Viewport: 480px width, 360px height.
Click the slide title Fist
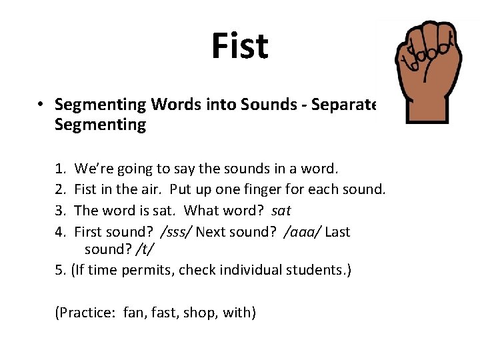pyautogui.click(x=239, y=46)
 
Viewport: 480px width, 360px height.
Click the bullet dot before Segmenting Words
pyautogui.click(x=41, y=105)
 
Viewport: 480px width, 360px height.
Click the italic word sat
pyautogui.click(x=282, y=211)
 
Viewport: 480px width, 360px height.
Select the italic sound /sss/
pyautogui.click(x=174, y=232)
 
